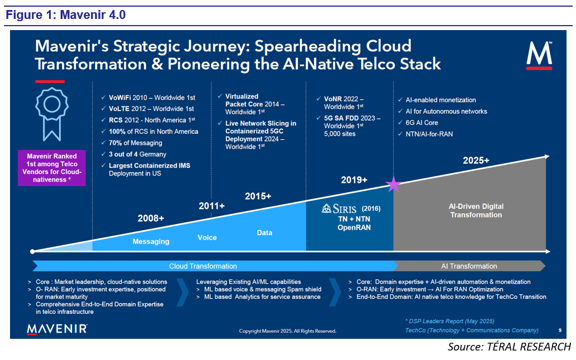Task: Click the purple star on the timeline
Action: (x=394, y=184)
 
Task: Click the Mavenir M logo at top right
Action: (x=539, y=55)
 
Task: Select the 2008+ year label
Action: (x=151, y=218)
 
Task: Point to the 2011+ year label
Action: (x=211, y=206)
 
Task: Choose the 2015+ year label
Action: (x=258, y=196)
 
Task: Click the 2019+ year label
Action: (x=354, y=180)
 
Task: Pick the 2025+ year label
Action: (x=476, y=160)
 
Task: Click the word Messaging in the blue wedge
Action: (x=151, y=242)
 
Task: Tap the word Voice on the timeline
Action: (x=207, y=237)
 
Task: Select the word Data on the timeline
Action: (x=264, y=232)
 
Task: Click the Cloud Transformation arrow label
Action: (x=203, y=266)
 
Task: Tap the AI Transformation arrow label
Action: (x=469, y=266)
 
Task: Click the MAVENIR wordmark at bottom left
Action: (x=57, y=329)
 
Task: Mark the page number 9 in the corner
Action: (x=559, y=330)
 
